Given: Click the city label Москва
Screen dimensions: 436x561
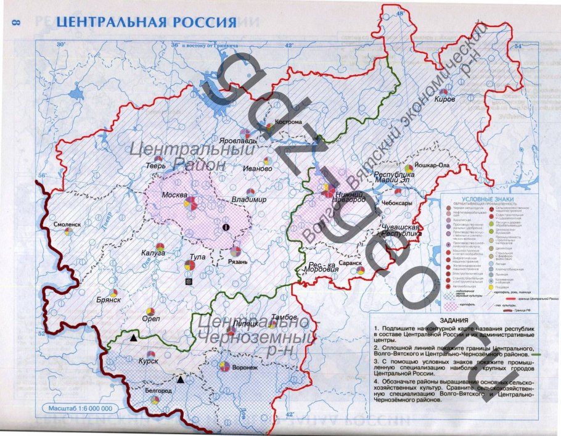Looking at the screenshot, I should click(x=174, y=195).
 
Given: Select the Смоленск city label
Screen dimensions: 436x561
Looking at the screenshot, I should click(x=67, y=224).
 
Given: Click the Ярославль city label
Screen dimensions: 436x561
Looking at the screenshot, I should click(x=232, y=141).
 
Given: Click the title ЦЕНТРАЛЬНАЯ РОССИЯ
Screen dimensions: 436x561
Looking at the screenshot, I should click(x=146, y=22).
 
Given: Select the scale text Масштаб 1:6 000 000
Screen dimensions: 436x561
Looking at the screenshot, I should click(x=77, y=409).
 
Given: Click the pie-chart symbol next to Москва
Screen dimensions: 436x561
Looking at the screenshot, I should click(x=192, y=203).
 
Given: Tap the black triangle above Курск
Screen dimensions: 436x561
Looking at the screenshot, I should click(x=133, y=339).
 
